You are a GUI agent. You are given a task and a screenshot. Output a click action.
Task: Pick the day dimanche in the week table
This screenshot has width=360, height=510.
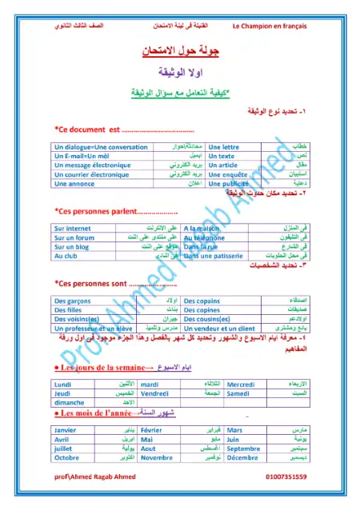[x=70, y=402]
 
